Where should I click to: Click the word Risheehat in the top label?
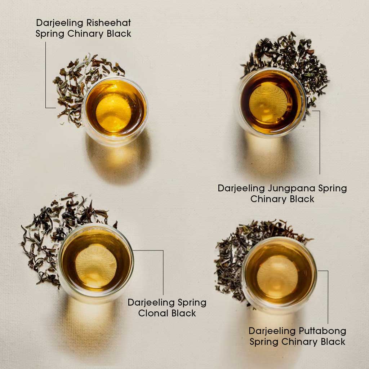click(x=108, y=23)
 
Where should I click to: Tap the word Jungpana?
click(x=292, y=189)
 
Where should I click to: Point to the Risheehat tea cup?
click(x=115, y=111)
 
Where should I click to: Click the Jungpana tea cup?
click(x=271, y=103)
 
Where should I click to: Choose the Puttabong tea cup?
click(x=279, y=274)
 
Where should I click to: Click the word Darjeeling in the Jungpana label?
click(x=241, y=189)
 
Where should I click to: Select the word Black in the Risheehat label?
click(x=119, y=34)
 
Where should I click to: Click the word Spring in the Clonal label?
click(x=192, y=303)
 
